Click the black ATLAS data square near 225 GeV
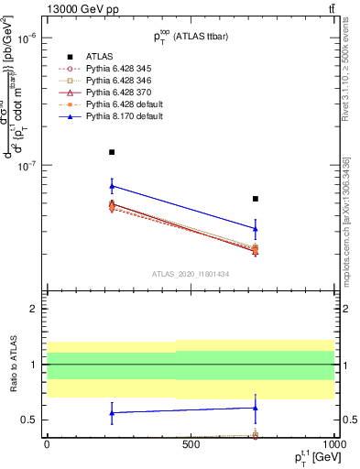112,152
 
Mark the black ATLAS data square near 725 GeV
256,199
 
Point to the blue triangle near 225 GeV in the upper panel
112,186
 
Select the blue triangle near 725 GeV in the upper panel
256,228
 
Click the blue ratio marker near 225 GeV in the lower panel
112,412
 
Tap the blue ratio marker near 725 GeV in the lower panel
256,408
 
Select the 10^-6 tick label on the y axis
26,38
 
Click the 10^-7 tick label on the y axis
26,166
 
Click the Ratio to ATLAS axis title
13,365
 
